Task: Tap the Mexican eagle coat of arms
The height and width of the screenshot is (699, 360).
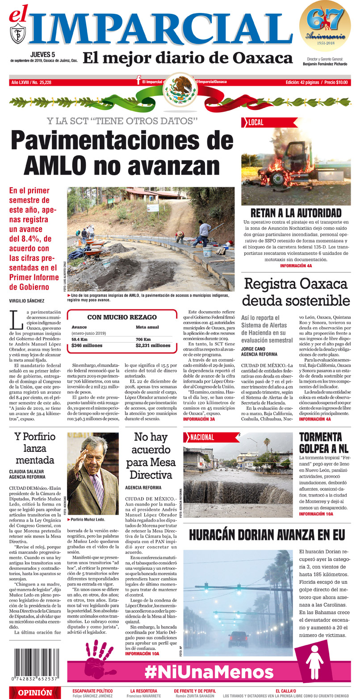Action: point(180,89)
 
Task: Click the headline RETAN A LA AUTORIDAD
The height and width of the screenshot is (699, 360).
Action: point(296,213)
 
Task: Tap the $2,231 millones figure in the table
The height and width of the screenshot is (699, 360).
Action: point(153,345)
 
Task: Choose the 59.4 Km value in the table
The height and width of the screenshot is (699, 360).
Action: point(79,339)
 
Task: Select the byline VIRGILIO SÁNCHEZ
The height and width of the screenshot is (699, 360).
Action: point(26,300)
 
